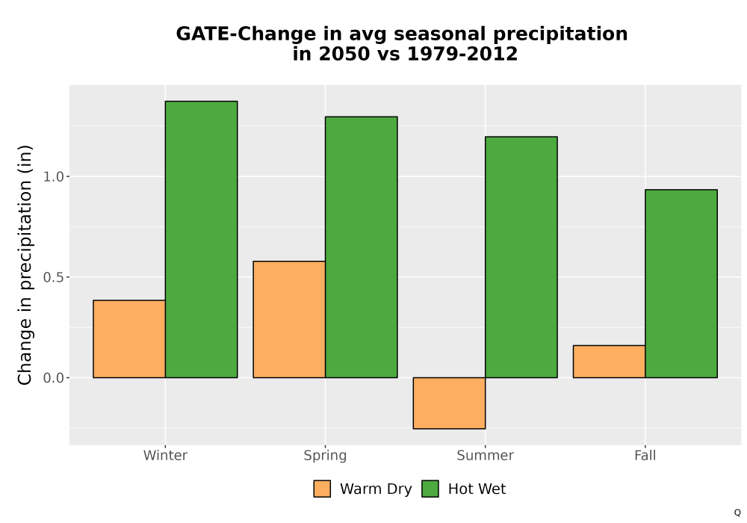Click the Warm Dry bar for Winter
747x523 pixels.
129,338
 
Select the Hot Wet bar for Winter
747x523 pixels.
201,239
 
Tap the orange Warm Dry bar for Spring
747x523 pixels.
289,319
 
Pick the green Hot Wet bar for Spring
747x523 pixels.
361,247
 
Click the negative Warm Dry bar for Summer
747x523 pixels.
449,403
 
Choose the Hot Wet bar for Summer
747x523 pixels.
521,257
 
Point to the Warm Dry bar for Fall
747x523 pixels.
610,362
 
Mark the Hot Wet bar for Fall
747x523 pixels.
681,283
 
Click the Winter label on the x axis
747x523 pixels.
165,455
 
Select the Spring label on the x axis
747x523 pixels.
326,456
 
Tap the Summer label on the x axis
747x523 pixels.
486,455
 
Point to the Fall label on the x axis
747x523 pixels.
645,455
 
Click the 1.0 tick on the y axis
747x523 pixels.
53,177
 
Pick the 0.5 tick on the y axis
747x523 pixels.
53,277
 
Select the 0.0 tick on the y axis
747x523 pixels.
53,378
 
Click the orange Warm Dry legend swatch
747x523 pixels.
322,489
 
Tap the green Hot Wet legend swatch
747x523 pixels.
430,489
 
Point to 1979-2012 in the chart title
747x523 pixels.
462,54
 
